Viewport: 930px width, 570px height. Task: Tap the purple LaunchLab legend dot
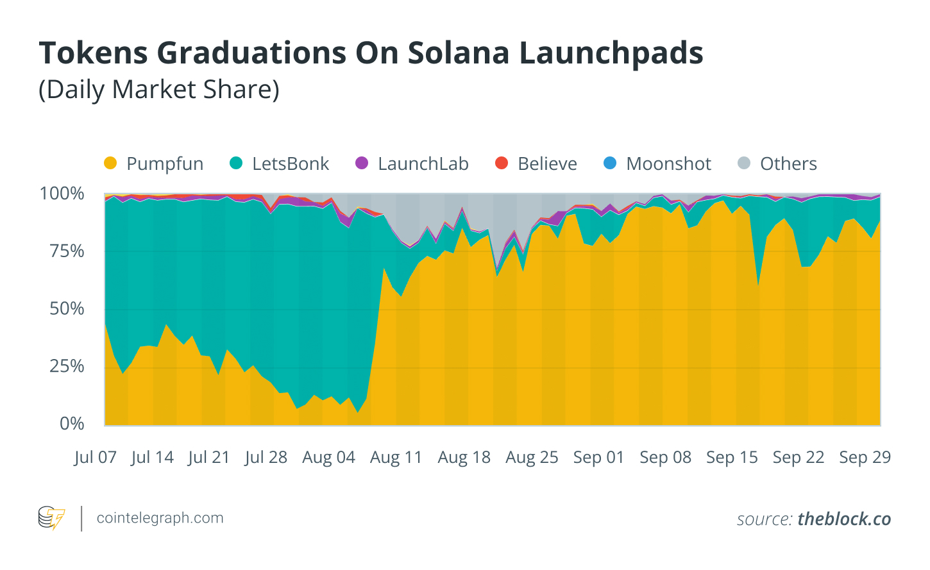point(362,163)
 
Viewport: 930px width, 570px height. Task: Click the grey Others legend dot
point(744,163)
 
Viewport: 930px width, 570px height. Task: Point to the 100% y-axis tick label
point(62,194)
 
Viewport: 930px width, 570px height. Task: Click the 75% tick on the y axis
point(67,251)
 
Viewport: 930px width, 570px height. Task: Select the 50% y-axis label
point(67,309)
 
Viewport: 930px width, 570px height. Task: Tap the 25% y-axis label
point(67,367)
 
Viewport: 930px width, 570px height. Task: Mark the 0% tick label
point(72,424)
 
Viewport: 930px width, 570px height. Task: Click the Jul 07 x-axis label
point(96,458)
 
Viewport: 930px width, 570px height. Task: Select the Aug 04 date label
point(328,458)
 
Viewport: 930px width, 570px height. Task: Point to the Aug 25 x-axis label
point(532,458)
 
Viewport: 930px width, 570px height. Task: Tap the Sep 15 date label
point(732,458)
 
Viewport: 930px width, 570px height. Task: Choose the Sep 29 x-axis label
point(865,458)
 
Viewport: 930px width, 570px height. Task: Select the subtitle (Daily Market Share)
point(159,90)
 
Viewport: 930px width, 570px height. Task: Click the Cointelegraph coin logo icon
point(51,518)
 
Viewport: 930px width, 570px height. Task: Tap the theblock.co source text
point(844,519)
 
